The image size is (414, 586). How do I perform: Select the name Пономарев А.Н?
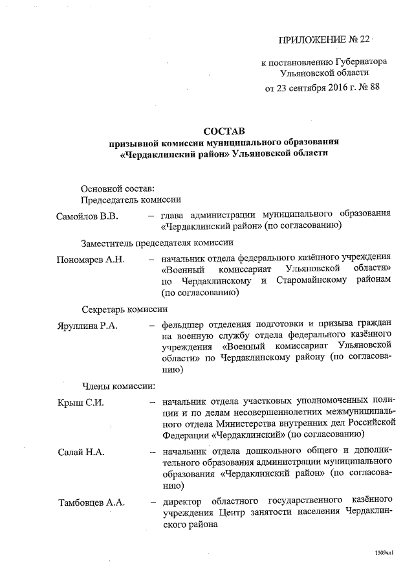pos(91,259)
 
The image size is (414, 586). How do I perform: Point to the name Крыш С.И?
pos(81,402)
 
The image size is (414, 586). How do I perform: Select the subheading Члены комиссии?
pos(117,387)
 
